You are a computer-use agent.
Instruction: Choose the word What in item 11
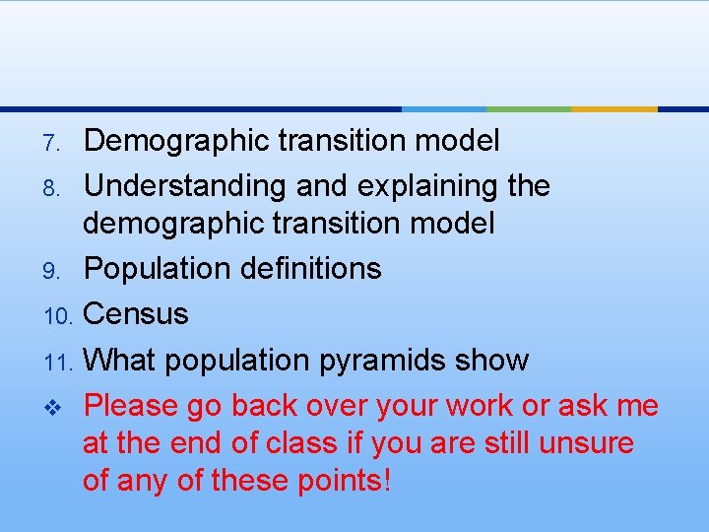(x=118, y=361)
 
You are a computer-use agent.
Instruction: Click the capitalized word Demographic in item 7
(x=173, y=142)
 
